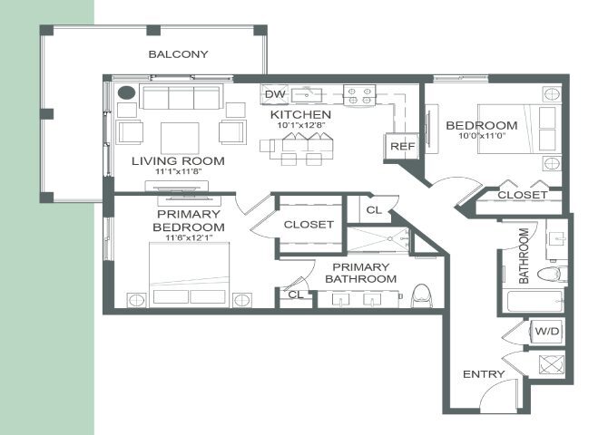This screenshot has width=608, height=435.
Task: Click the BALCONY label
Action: tap(179, 54)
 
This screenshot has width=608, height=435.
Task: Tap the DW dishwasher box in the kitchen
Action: tap(275, 94)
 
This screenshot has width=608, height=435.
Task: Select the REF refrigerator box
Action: tap(402, 147)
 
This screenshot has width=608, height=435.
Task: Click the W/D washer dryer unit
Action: tap(547, 331)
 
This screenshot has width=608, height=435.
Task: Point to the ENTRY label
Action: tap(484, 374)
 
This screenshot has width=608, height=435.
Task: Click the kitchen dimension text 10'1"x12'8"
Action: tap(301, 125)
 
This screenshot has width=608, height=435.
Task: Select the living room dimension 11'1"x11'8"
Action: tap(179, 171)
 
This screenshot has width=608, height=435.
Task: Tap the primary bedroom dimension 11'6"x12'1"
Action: tap(189, 237)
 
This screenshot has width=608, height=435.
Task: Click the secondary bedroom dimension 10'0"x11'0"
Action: tap(482, 136)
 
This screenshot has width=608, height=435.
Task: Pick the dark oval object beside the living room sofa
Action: tap(126, 92)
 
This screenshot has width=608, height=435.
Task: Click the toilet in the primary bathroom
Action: tap(422, 295)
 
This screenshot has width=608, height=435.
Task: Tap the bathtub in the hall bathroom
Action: tap(535, 301)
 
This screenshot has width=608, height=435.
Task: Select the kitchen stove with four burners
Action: tap(359, 95)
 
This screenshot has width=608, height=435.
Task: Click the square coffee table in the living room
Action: tap(180, 139)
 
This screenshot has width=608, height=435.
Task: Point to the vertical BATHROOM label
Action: tap(524, 256)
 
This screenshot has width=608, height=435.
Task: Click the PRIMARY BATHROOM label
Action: tap(360, 273)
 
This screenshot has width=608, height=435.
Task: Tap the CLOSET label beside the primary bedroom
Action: tap(309, 225)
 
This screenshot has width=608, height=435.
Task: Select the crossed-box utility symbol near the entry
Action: tap(552, 364)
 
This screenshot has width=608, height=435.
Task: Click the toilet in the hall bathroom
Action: tap(552, 275)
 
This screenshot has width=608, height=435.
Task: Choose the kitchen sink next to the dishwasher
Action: tap(307, 95)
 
